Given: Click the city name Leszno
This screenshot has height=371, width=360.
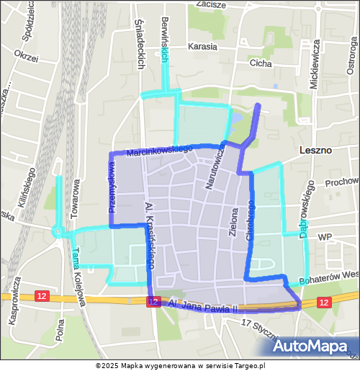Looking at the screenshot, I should pos(315,151).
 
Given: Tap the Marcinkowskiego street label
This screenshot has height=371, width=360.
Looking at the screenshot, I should pos(150,151).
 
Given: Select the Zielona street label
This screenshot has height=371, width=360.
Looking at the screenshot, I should pos(233,223).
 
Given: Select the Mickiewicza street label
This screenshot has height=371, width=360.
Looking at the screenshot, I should pos(315,63).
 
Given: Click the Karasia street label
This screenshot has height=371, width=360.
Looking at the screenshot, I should pos(202,47).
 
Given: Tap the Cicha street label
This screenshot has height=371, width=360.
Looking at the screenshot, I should pos(260,63).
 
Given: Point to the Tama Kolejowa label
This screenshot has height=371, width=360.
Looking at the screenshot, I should pos(80,277).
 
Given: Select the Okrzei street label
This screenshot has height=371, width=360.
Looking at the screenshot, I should pos(26,55).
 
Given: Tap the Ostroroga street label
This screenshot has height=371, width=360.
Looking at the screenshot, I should pos(351,63).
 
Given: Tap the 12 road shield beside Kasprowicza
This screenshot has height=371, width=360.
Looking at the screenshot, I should pos(42,297).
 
